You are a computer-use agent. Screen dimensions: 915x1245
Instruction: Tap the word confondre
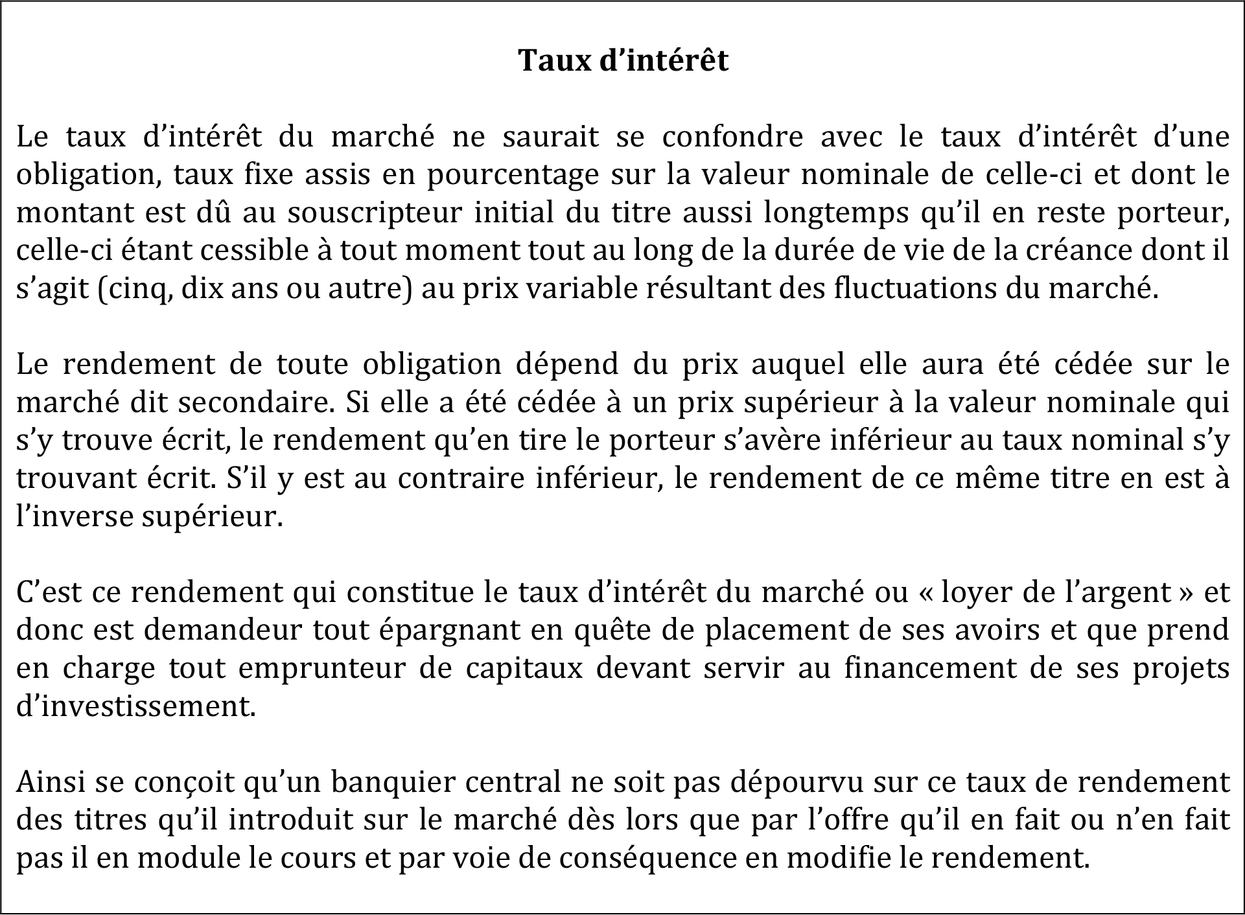pos(733,137)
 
